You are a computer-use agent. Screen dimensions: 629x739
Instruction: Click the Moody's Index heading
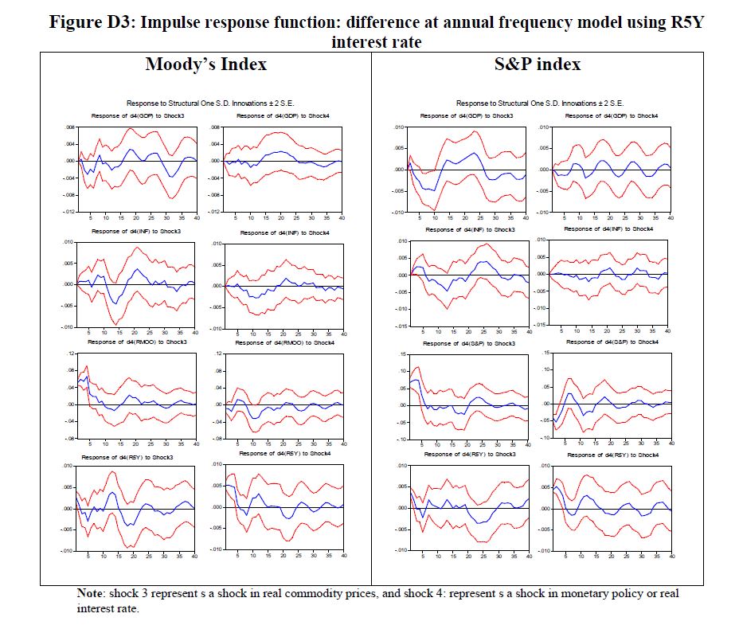205,64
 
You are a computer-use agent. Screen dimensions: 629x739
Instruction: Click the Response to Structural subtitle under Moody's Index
205,104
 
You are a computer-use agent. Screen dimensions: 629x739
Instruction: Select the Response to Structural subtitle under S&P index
539,104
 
